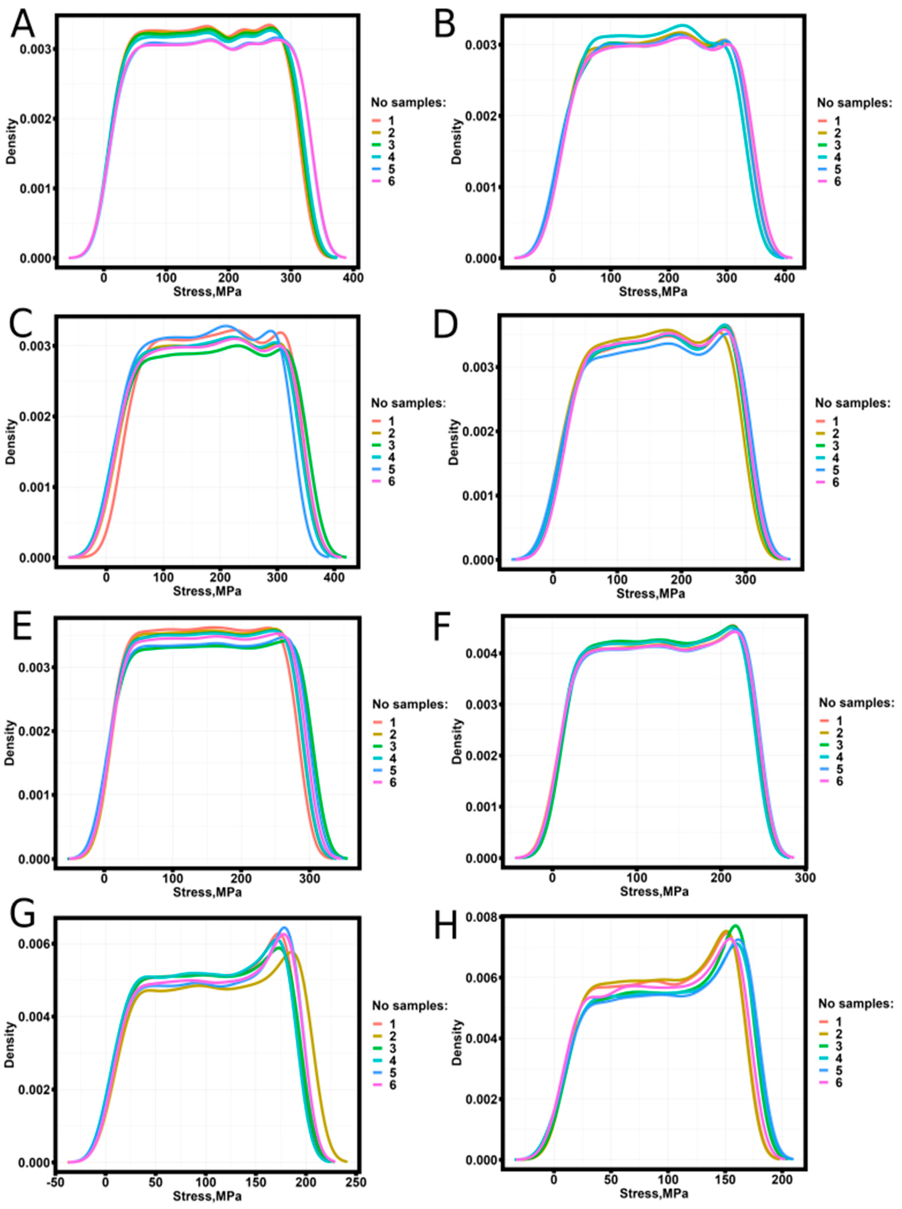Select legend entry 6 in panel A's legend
coord(391,181)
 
